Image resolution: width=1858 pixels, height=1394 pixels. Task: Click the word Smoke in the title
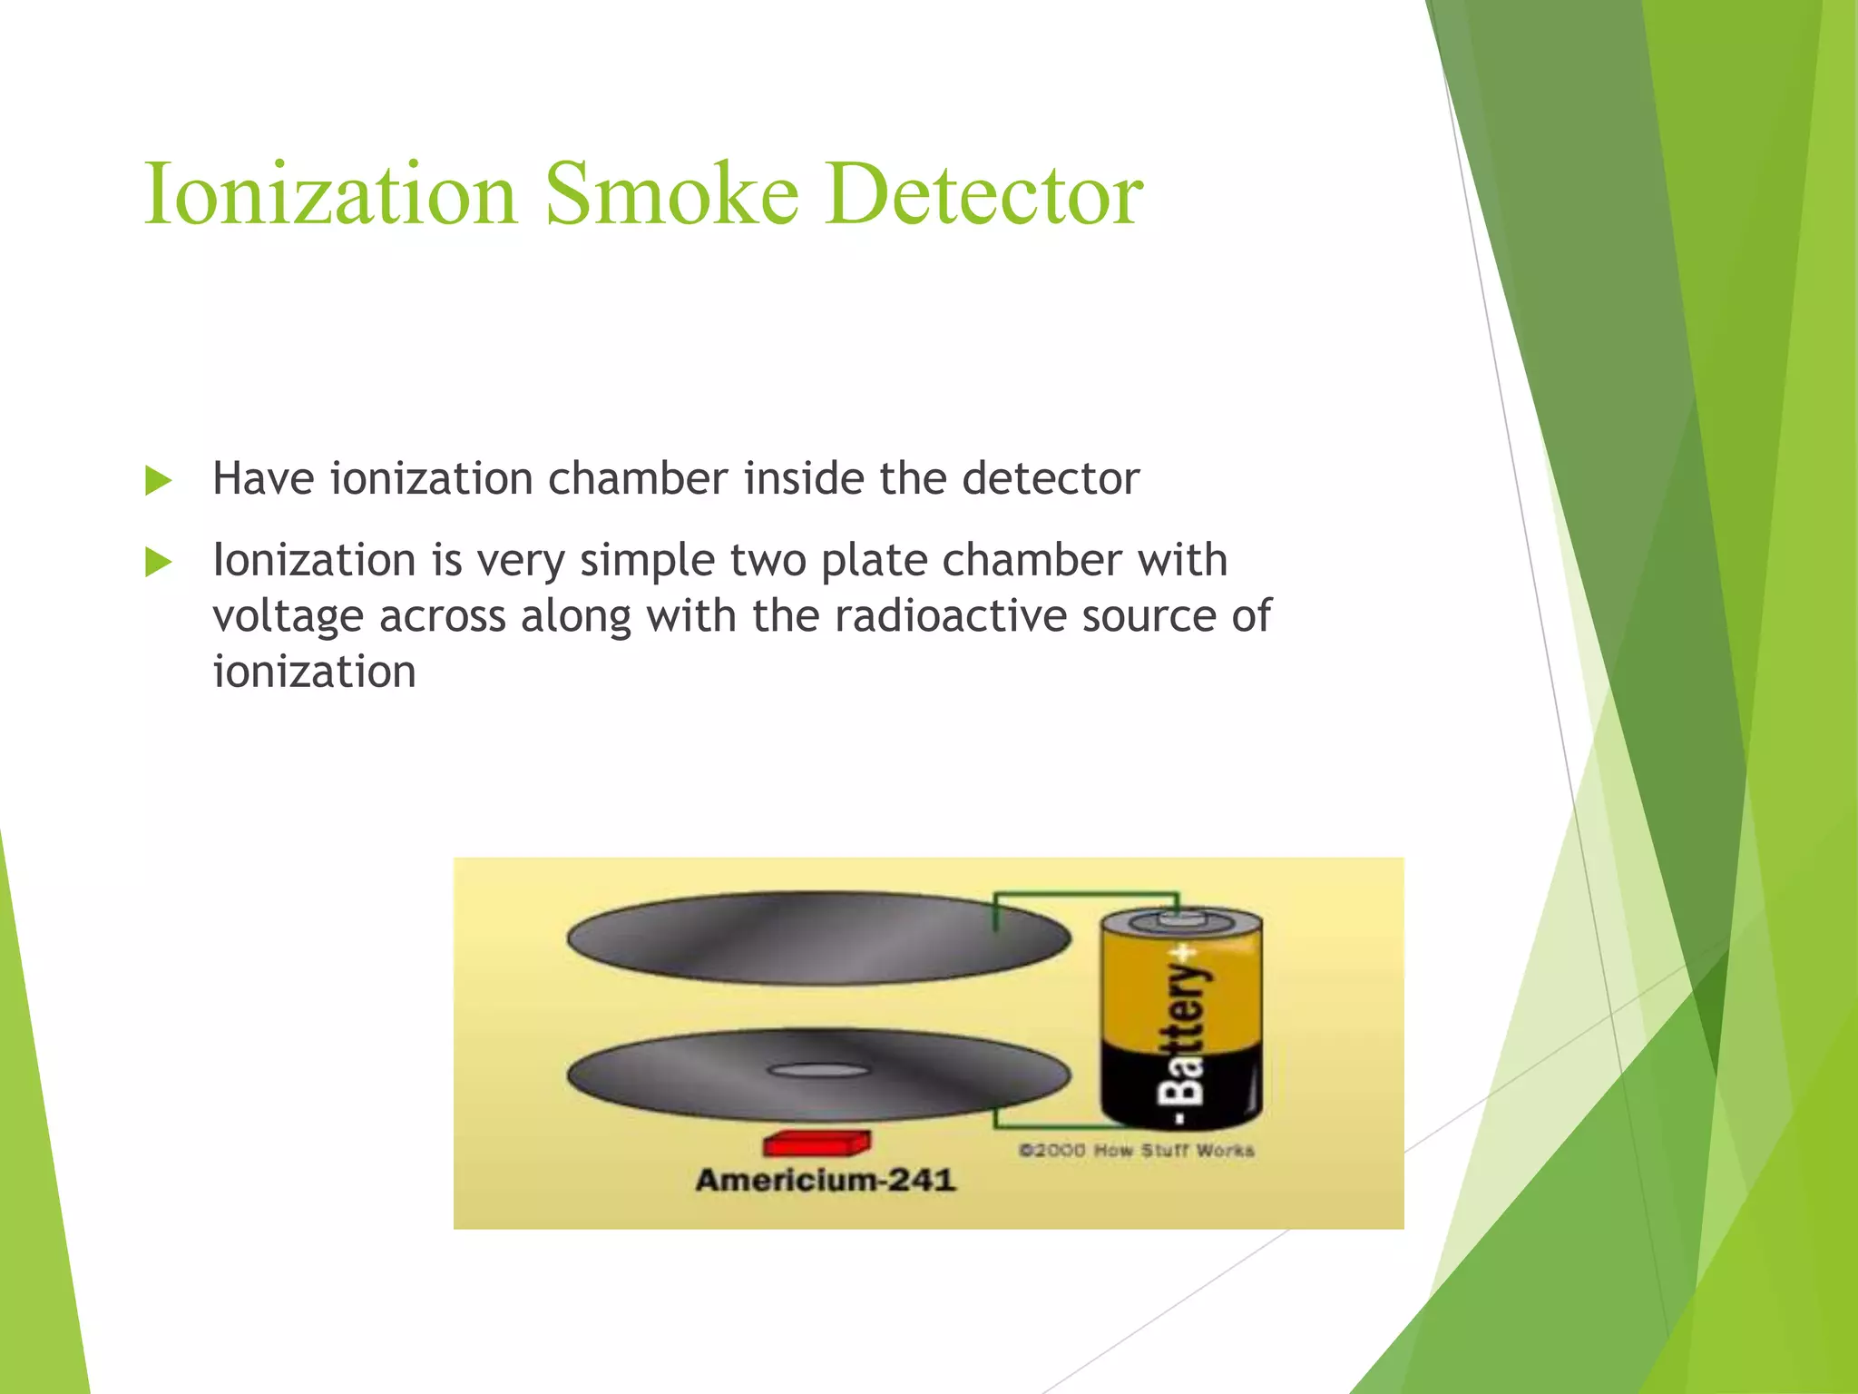pyautogui.click(x=671, y=194)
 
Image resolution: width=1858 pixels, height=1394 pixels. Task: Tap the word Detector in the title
pyautogui.click(x=983, y=194)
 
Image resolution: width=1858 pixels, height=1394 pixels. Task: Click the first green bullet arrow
pyautogui.click(x=158, y=480)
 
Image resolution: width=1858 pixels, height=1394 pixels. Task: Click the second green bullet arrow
pyautogui.click(x=158, y=562)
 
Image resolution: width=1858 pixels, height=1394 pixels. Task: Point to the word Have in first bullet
pyautogui.click(x=263, y=478)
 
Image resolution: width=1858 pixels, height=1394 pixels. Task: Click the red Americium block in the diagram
pyautogui.click(x=817, y=1144)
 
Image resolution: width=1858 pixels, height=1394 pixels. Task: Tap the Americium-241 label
pyautogui.click(x=825, y=1180)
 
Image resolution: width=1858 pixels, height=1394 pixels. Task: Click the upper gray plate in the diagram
pyautogui.click(x=817, y=938)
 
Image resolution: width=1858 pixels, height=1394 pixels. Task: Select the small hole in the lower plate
pyautogui.click(x=817, y=1071)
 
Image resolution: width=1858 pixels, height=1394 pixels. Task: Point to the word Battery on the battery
pyautogui.click(x=1185, y=1035)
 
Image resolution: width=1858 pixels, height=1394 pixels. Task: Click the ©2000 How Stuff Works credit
pyautogui.click(x=1136, y=1151)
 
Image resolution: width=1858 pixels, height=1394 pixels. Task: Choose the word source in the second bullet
pyautogui.click(x=1149, y=616)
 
